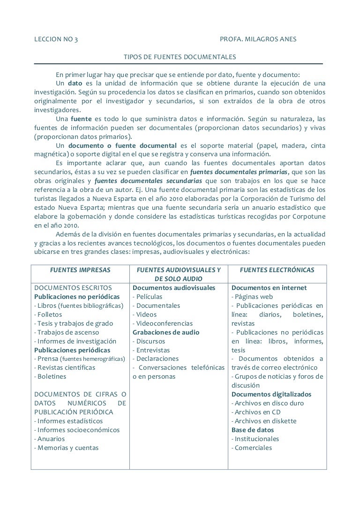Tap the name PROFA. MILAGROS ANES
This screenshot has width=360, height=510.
click(x=258, y=39)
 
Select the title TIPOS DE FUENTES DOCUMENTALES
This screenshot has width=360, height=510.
click(x=180, y=57)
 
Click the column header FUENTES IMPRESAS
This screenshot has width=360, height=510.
click(x=80, y=270)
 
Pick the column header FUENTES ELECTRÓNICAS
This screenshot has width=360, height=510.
click(x=277, y=270)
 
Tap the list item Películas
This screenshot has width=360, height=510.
click(x=148, y=297)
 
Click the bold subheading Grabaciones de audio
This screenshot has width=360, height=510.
click(x=166, y=332)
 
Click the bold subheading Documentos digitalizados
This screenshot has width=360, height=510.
click(x=271, y=394)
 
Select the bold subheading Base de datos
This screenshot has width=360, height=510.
click(x=253, y=430)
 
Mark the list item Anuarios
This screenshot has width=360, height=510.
click(x=50, y=439)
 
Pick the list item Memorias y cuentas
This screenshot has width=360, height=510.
click(x=67, y=448)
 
